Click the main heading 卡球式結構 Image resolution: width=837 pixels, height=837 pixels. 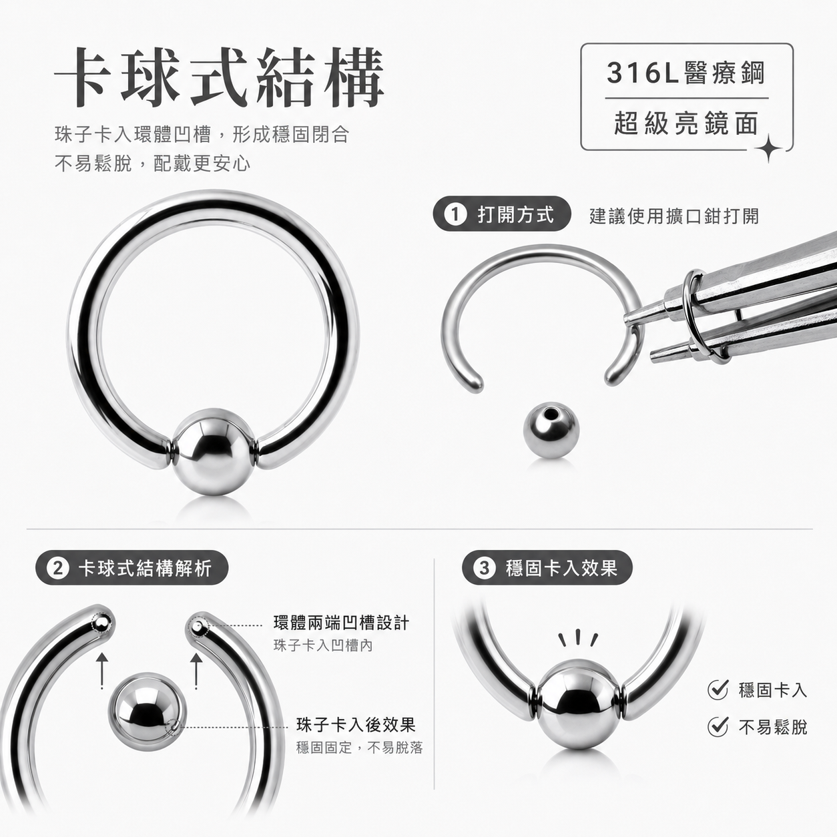pyautogui.click(x=220, y=77)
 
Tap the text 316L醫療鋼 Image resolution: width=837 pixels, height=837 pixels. pyautogui.click(x=686, y=73)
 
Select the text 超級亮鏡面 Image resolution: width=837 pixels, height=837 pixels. pyautogui.click(x=686, y=123)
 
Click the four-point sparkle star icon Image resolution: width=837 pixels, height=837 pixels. pyautogui.click(x=768, y=149)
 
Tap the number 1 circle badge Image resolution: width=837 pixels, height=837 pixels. pyautogui.click(x=455, y=214)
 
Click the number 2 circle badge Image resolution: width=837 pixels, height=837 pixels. pyautogui.click(x=58, y=569)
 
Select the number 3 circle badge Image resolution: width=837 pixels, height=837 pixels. pyautogui.click(x=484, y=568)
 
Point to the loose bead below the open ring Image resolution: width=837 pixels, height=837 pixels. pyautogui.click(x=551, y=430)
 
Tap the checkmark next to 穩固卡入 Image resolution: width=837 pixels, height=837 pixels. pyautogui.click(x=718, y=689)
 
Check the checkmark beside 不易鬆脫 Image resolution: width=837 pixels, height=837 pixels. pyautogui.click(x=718, y=726)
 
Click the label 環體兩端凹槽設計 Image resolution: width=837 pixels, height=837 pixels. pyautogui.click(x=341, y=623)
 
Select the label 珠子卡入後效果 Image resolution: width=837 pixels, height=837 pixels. pyautogui.click(x=356, y=724)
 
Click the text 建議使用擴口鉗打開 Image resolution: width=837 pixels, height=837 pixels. pyautogui.click(x=674, y=216)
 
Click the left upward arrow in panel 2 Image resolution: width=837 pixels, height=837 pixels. pyautogui.click(x=101, y=669)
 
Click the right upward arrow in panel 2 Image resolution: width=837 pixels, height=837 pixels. pyautogui.click(x=196, y=669)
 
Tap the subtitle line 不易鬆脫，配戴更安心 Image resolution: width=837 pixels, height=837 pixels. pyautogui.click(x=152, y=164)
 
